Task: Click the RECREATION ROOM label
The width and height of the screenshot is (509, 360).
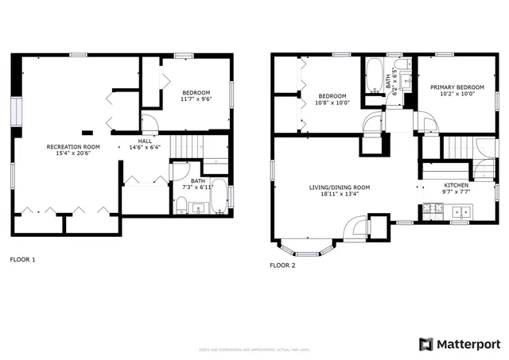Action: coord(73,147)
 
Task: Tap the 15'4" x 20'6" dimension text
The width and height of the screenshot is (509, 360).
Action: coord(73,154)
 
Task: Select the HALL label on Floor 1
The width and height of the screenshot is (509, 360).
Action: coord(145,140)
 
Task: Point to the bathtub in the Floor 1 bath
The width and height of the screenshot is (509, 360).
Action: coord(220,195)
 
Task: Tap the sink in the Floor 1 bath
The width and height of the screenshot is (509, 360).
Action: coord(198,208)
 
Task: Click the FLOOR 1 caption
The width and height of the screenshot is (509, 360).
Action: coord(22,259)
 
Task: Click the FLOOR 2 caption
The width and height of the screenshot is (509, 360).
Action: coord(282,265)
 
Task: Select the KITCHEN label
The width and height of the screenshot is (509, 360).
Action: coord(457,184)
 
